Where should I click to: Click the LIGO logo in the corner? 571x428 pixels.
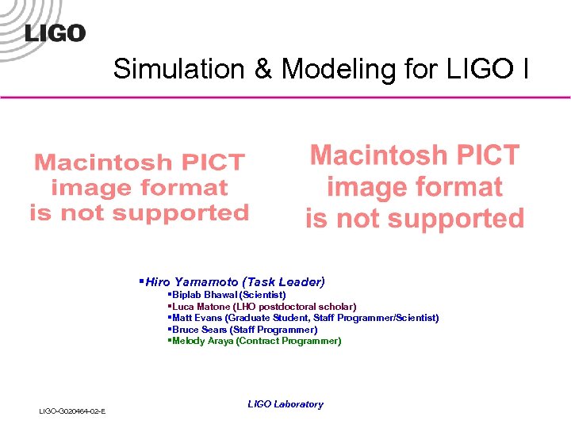tap(55, 32)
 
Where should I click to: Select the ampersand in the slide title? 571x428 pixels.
tap(264, 69)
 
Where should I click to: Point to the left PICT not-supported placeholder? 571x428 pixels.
tap(140, 188)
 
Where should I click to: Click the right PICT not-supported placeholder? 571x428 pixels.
tap(415, 187)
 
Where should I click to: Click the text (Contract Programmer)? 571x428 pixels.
tap(289, 341)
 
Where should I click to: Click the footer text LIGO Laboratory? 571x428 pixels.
tap(285, 404)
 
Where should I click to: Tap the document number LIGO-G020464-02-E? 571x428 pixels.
tap(73, 410)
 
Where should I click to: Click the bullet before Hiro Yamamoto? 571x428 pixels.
tap(140, 281)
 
